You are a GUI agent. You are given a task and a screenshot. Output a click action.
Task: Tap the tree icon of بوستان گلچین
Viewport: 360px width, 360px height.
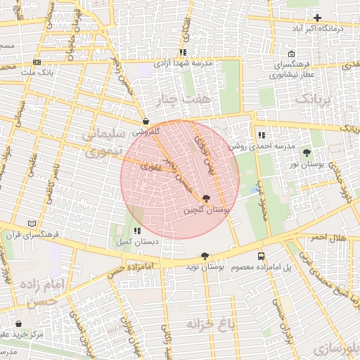(205, 200)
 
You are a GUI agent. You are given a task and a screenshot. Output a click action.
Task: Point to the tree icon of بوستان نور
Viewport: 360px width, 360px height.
(306, 153)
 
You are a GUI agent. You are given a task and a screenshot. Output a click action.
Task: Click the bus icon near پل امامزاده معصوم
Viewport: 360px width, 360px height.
(261, 257)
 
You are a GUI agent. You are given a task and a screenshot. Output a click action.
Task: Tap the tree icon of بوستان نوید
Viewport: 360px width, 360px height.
(205, 257)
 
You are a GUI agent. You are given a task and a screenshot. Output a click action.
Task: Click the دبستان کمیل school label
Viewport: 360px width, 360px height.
(138, 242)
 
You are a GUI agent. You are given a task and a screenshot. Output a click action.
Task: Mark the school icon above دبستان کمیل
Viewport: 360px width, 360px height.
(137, 231)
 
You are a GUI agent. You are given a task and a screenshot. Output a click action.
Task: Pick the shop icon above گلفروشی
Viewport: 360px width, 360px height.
(145, 121)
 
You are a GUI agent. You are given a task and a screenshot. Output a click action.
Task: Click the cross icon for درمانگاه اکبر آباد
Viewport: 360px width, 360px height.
(317, 18)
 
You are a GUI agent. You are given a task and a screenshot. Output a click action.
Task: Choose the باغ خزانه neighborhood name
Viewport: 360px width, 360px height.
(210, 323)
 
